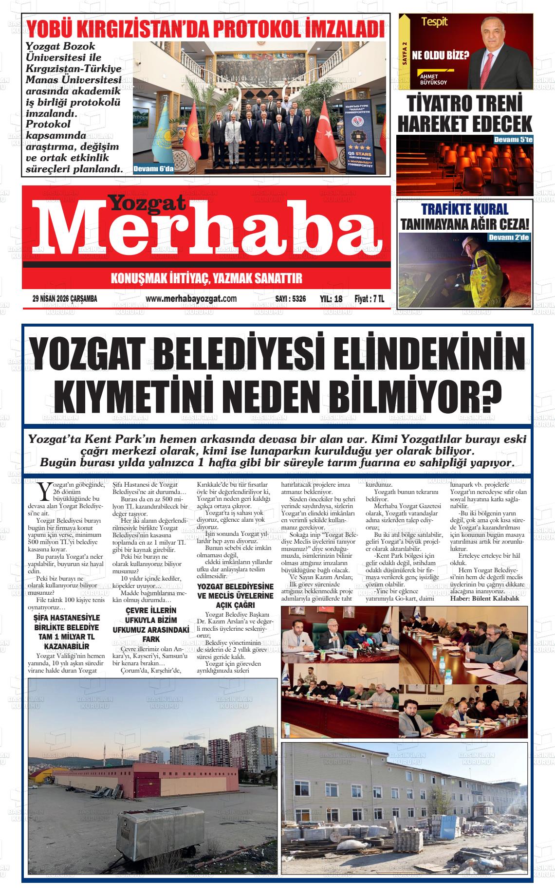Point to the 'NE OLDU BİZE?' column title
[441, 55]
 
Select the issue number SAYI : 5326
[290, 299]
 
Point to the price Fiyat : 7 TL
[369, 299]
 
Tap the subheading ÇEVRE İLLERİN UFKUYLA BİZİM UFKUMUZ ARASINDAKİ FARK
[144, 624]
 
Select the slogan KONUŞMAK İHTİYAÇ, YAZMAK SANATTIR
[207, 279]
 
